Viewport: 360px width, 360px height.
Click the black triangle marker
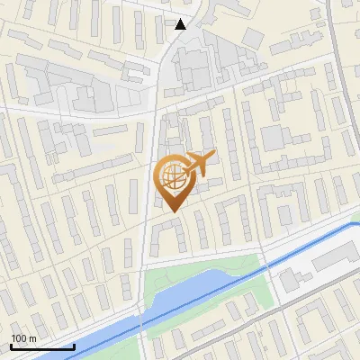181,24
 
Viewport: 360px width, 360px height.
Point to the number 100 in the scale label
19,338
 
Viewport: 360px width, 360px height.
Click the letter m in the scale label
32,338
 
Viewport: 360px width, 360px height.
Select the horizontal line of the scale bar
42,346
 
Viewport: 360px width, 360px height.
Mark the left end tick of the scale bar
11,345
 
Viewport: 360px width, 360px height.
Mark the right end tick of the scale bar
74,345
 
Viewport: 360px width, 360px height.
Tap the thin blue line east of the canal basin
306,242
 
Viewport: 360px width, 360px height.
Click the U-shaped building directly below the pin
167,235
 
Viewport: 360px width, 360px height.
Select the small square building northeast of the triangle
253,37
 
